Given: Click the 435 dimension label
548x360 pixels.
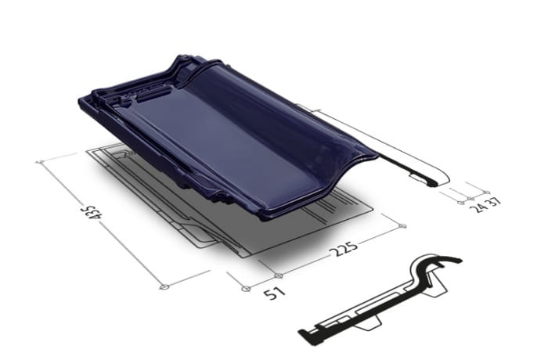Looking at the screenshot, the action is [x=94, y=212].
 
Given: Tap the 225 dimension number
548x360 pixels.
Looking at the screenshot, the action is [x=346, y=249].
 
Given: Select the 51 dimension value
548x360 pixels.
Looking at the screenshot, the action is [x=274, y=293].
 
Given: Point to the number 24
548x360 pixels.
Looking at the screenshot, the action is [x=478, y=207].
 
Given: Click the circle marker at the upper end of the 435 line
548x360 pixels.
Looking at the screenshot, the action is [x=40, y=162].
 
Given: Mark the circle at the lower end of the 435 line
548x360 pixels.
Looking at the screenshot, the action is [x=164, y=287].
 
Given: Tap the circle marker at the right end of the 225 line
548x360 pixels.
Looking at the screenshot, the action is [x=402, y=226].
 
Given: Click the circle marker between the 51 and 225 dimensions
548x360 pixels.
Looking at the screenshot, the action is [x=278, y=275].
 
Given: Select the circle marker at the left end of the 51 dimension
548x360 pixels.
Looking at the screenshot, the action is [x=246, y=289].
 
